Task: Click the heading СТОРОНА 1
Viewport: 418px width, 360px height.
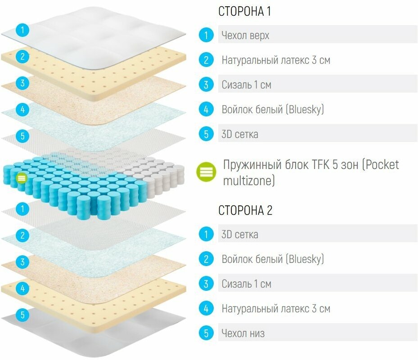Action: point(245,11)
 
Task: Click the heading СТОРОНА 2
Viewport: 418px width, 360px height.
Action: point(245,210)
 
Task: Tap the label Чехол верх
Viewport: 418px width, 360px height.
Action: point(245,35)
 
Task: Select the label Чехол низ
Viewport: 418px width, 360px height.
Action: point(243,333)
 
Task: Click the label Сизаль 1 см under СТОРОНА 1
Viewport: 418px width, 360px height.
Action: point(246,84)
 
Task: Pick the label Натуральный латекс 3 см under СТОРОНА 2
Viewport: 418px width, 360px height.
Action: point(276,309)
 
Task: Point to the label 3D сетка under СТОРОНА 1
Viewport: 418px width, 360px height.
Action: point(240,134)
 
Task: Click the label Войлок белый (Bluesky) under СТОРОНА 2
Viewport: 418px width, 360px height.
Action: point(273,259)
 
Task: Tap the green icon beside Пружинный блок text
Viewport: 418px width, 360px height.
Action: point(207,172)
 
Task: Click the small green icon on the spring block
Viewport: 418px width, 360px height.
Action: point(21,178)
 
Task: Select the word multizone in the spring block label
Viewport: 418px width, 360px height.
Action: point(249,181)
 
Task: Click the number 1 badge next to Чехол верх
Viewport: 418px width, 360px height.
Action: point(206,35)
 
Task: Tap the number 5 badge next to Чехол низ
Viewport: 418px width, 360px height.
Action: point(206,333)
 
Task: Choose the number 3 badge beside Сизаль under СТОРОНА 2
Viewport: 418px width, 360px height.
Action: point(206,284)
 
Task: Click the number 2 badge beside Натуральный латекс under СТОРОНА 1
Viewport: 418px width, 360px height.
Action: point(206,60)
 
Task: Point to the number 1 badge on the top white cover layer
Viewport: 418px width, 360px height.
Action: point(22,31)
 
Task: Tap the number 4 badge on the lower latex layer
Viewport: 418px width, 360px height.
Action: point(22,287)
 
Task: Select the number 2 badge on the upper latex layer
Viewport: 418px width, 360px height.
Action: point(22,57)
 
